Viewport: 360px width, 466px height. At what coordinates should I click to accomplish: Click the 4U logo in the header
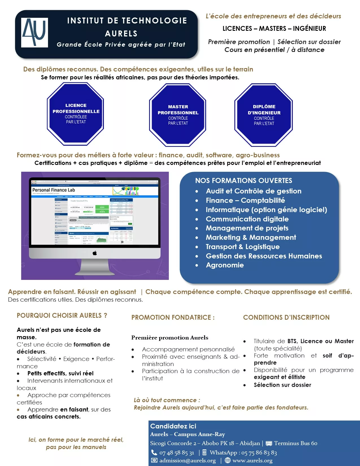pos(34,32)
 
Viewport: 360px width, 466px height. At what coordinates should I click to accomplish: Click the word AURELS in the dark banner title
pos(121,34)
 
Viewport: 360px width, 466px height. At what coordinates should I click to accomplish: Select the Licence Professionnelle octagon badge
pos(76,114)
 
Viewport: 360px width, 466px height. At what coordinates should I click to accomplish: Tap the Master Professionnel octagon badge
pos(178,115)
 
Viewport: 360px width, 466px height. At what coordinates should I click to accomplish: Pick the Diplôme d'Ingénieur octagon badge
pos(264,115)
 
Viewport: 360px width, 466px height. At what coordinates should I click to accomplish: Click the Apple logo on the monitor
pos(95,253)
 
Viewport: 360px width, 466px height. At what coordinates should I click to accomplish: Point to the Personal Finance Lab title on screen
pos(54,190)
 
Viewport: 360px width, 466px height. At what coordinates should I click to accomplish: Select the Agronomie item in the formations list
pos(225,265)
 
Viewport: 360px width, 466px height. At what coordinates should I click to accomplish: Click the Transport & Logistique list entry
pos(243,247)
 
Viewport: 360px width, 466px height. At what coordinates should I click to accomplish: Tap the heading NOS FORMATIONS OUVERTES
pos(243,181)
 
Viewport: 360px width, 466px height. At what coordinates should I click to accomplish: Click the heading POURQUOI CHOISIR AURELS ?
pos(62,315)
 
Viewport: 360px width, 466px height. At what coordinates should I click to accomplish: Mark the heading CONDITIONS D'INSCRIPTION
pos(286,317)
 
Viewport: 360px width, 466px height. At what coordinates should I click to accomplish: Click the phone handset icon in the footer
pos(154,452)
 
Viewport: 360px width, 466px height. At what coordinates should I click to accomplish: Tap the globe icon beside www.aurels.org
pos(228,460)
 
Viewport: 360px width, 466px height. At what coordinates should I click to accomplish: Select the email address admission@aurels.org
pos(187,461)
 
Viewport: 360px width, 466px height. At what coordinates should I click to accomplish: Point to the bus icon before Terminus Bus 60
pos(269,443)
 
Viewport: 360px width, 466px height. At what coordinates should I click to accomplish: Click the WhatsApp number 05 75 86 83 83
pos(259,453)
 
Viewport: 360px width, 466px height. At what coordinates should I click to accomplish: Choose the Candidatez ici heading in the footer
pos(173,426)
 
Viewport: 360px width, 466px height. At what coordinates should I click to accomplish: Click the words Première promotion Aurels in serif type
pos(170,338)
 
